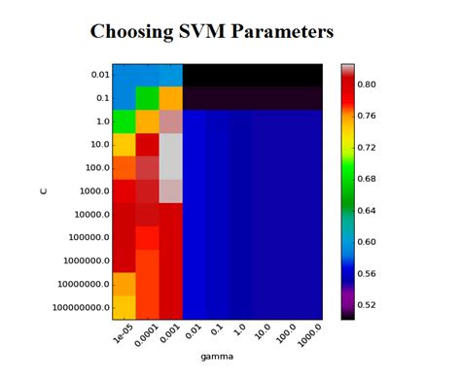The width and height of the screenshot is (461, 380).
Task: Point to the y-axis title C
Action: click(43, 190)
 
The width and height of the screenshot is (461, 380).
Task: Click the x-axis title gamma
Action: click(217, 359)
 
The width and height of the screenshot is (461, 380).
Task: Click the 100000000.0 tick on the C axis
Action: click(77, 308)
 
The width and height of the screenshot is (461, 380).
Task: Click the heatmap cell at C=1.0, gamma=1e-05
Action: click(124, 121)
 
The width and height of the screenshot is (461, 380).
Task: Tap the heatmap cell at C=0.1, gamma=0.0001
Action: click(147, 98)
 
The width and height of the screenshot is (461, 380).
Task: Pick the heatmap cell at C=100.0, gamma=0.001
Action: click(170, 168)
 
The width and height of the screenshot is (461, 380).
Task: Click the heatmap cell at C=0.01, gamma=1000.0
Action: click(309, 75)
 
